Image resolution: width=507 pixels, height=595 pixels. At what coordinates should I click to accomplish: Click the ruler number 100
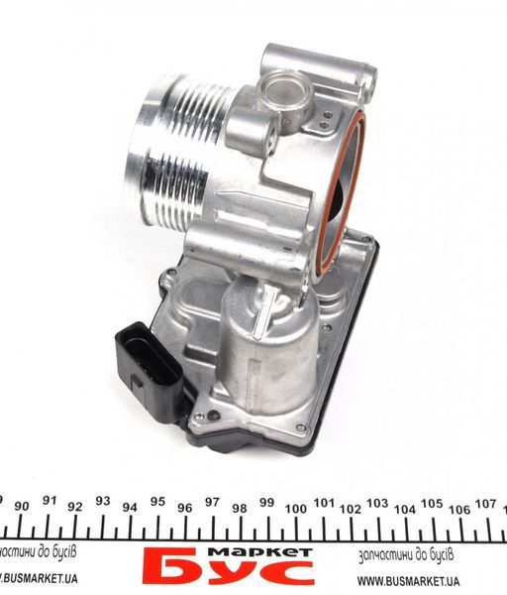tap(296, 509)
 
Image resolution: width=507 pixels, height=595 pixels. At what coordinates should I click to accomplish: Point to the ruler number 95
tap(157, 502)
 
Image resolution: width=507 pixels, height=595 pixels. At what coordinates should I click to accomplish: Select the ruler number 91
tap(50, 500)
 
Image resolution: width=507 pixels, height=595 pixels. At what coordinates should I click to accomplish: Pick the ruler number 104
tap(405, 510)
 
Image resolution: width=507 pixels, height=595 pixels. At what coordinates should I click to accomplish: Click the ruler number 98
tap(239, 508)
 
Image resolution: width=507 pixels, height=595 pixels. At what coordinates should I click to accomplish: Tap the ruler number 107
tap(486, 504)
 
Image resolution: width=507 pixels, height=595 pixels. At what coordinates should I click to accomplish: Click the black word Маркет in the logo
tap(260, 552)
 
